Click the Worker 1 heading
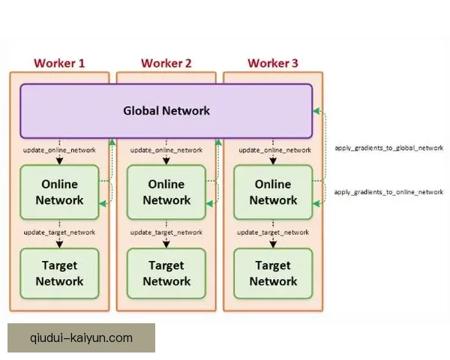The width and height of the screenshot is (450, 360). tap(59, 64)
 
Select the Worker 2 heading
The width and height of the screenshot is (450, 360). tap(166, 64)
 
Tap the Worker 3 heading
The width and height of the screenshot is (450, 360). tap(273, 64)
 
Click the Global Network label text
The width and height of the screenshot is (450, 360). tap(166, 111)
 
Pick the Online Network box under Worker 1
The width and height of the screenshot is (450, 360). tap(59, 192)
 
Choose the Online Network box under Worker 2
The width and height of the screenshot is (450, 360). tap(166, 192)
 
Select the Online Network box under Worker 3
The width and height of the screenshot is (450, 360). tap(273, 192)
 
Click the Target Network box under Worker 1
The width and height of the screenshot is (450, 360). tap(59, 273)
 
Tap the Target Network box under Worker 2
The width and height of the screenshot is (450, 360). tap(166, 273)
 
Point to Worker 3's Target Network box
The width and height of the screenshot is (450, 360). tap(273, 273)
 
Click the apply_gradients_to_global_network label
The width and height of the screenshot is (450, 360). tap(389, 148)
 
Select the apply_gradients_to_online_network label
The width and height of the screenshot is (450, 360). tap(388, 192)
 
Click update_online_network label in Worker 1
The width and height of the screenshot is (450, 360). tap(59, 150)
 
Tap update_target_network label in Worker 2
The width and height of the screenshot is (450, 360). tap(166, 232)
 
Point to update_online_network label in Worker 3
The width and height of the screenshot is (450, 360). tap(275, 150)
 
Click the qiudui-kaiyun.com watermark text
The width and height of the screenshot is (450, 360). tap(81, 338)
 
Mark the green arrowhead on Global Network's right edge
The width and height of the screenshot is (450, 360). tap(316, 111)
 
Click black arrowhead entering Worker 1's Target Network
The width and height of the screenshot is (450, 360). tap(59, 244)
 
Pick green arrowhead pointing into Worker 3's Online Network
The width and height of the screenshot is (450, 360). tap(316, 204)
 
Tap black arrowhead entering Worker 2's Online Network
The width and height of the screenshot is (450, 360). tap(166, 161)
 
